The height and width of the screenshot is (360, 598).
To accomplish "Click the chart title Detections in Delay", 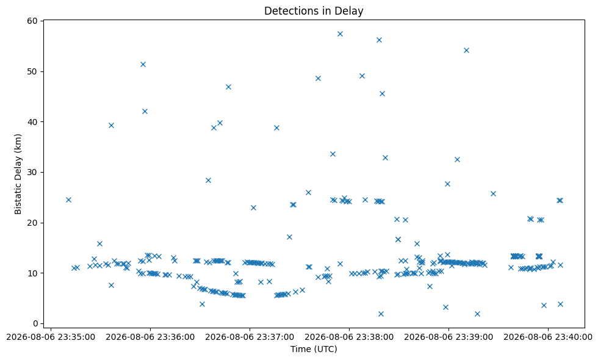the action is pyautogui.click(x=314, y=11).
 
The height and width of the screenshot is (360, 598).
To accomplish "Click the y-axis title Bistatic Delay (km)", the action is pyautogui.click(x=18, y=174).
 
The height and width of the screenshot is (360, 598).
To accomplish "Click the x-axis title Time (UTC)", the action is pyautogui.click(x=314, y=348).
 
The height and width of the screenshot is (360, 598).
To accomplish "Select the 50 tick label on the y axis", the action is pyautogui.click(x=33, y=72).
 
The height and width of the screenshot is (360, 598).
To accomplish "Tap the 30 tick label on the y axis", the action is pyautogui.click(x=33, y=172).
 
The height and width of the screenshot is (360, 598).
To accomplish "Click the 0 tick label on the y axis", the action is pyautogui.click(x=36, y=323).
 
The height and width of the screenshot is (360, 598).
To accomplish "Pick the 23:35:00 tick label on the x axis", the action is pyautogui.click(x=51, y=337).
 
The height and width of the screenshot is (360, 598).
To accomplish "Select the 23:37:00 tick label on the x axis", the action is pyautogui.click(x=250, y=337).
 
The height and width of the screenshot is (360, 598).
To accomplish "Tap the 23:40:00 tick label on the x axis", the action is pyautogui.click(x=548, y=337).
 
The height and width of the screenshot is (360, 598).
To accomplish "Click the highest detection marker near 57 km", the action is pyautogui.click(x=340, y=34).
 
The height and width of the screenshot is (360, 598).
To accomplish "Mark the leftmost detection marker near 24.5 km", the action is pyautogui.click(x=68, y=200).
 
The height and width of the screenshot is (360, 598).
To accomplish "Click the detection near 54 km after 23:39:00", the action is pyautogui.click(x=466, y=50).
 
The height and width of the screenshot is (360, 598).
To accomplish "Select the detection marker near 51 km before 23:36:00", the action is pyautogui.click(x=143, y=65).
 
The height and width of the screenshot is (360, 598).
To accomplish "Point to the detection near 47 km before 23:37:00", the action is pyautogui.click(x=228, y=87).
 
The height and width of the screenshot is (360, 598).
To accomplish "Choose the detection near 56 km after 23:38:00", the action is pyautogui.click(x=379, y=40).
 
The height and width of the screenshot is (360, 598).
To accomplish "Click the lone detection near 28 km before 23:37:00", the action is pyautogui.click(x=208, y=181).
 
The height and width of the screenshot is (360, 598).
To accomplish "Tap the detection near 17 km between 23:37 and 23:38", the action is pyautogui.click(x=289, y=237).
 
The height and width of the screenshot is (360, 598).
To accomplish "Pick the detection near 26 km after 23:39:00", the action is pyautogui.click(x=493, y=194).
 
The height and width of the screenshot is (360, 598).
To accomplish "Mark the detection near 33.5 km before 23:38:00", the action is pyautogui.click(x=333, y=154).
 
